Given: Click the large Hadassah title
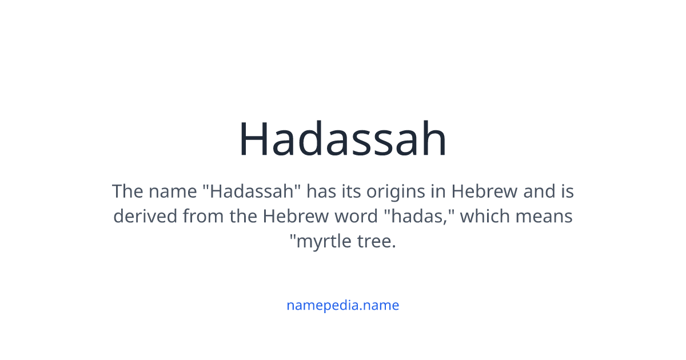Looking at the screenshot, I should pyautogui.click(x=342, y=139).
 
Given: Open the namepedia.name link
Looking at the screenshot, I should pyautogui.click(x=342, y=305).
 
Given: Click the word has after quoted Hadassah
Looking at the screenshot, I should pyautogui.click(x=321, y=191).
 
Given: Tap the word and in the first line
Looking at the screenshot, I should pyautogui.click(x=539, y=191).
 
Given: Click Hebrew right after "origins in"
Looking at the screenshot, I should pyautogui.click(x=485, y=191).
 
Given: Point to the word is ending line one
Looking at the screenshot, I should pyautogui.click(x=567, y=191).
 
